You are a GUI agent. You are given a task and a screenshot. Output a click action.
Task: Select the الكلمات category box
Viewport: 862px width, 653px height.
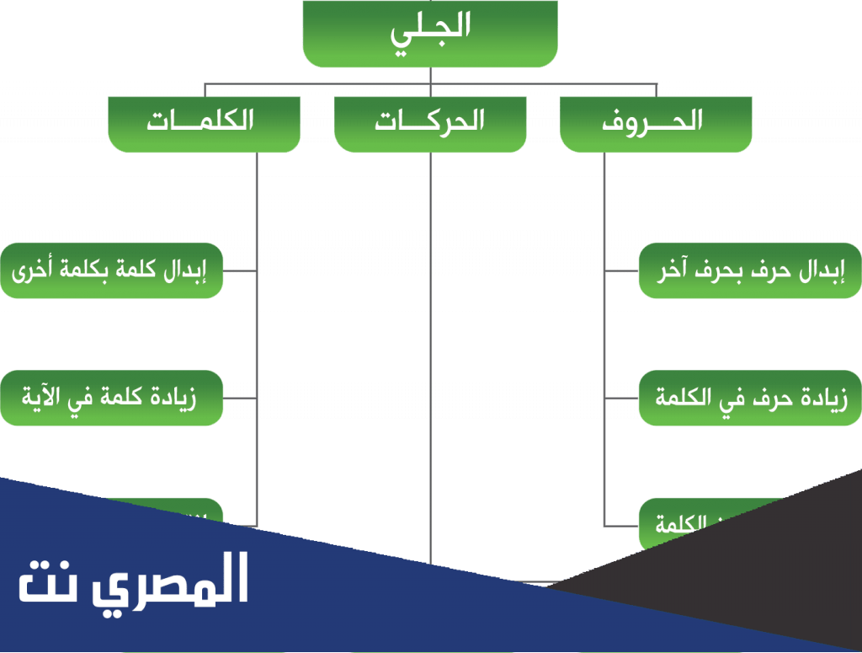point(204,123)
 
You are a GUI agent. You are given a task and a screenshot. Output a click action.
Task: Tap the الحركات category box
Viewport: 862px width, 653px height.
point(430,123)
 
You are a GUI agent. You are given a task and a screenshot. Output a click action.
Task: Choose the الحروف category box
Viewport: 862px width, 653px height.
point(656,123)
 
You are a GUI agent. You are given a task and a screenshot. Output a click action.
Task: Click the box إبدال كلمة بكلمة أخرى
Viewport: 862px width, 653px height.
point(111,270)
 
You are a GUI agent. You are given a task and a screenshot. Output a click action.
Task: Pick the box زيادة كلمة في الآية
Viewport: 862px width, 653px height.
point(111,397)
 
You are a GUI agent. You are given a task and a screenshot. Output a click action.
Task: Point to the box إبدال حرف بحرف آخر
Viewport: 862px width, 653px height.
point(749,270)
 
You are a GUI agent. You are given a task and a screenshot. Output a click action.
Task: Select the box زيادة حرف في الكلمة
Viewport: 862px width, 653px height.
point(749,397)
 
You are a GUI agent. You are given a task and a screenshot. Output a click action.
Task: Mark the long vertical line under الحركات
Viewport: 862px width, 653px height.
point(431,354)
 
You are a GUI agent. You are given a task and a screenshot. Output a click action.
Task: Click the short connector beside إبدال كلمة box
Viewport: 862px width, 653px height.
point(240,271)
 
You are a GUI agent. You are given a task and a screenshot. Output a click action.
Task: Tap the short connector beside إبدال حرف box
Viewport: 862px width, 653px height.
point(620,271)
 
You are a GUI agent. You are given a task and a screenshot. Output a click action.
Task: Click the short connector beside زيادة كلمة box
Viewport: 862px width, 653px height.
point(240,397)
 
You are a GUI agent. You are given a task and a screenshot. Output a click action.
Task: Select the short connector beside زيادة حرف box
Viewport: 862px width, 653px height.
point(620,397)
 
